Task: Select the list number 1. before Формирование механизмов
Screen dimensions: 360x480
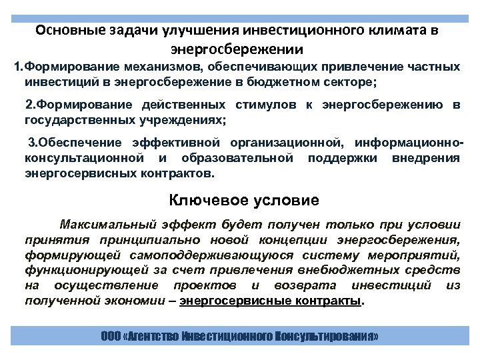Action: [19, 67]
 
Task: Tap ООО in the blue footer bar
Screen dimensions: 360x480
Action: [111, 337]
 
